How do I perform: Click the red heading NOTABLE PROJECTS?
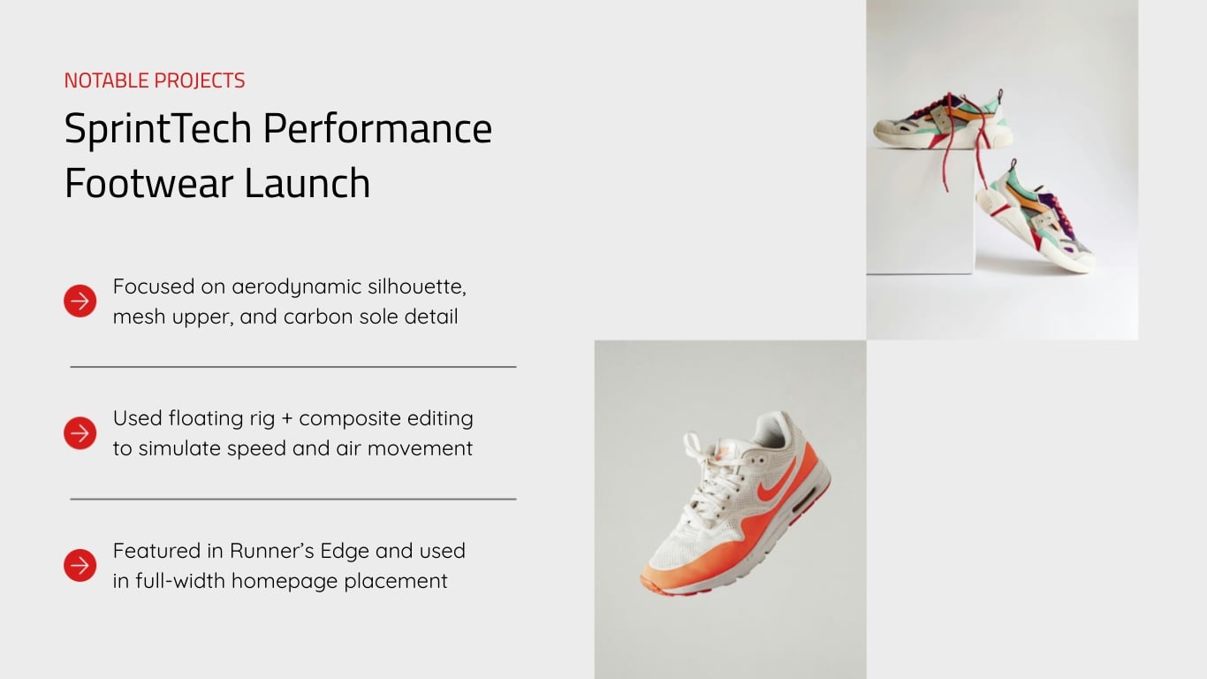point(155,80)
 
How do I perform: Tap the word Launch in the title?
point(307,183)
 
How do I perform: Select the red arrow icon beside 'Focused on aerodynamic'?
point(80,301)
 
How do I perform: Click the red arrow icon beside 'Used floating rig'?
point(80,433)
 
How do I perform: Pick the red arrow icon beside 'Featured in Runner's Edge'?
point(80,566)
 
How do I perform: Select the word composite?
point(356,419)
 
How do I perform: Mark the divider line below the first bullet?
point(292,366)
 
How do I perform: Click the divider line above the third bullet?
point(292,499)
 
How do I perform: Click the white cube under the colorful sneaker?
point(919,212)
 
